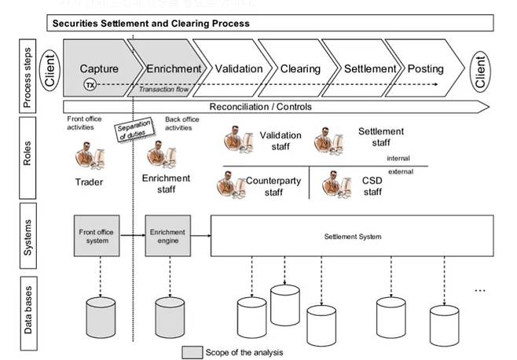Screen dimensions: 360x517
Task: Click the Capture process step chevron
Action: click(x=99, y=68)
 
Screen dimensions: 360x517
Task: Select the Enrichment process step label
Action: click(x=174, y=68)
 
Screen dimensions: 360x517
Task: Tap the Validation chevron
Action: click(x=238, y=68)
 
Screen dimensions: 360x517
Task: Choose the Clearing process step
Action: click(x=300, y=68)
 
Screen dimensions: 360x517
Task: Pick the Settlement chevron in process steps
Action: click(x=370, y=68)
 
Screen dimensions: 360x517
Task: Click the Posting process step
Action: click(x=425, y=68)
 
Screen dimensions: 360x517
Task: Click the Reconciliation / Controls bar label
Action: click(x=261, y=106)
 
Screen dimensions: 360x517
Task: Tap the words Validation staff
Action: click(x=280, y=141)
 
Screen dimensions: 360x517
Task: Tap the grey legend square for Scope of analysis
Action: click(x=193, y=351)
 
